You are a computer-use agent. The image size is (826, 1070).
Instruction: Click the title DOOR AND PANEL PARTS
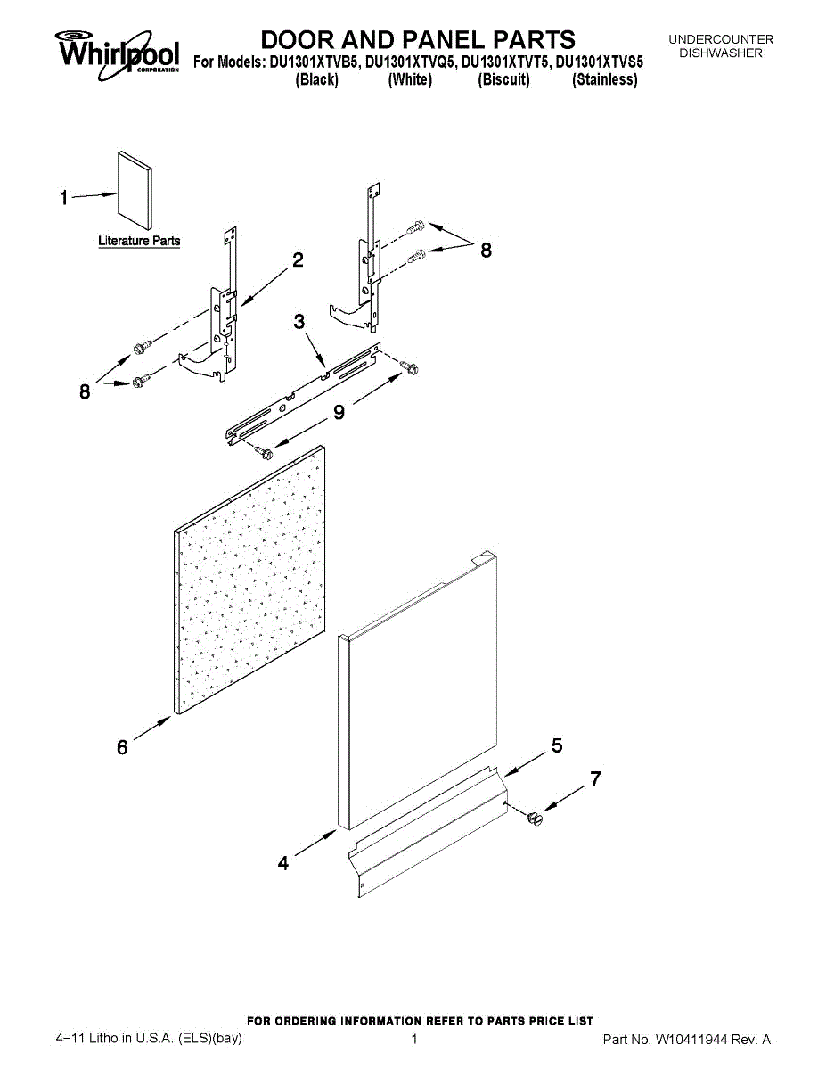click(x=418, y=39)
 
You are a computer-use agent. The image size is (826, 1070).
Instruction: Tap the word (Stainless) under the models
click(x=605, y=80)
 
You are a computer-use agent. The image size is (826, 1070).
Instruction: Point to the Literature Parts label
click(x=139, y=241)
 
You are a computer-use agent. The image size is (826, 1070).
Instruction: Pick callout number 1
click(x=64, y=198)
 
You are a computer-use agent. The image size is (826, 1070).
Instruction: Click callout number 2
click(x=298, y=259)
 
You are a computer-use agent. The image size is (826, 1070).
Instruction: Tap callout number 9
click(x=339, y=411)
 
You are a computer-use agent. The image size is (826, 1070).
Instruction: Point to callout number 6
click(x=122, y=748)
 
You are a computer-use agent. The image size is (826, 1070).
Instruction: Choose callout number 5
click(x=557, y=746)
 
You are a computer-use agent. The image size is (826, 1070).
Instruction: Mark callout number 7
click(x=595, y=779)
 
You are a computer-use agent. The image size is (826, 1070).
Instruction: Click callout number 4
click(x=283, y=863)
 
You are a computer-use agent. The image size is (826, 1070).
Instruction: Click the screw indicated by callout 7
click(x=535, y=816)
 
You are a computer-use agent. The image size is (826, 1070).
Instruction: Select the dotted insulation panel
click(x=249, y=580)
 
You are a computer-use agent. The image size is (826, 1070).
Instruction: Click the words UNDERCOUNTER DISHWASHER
click(x=721, y=46)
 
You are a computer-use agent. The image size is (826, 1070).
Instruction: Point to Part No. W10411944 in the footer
click(x=686, y=1040)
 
